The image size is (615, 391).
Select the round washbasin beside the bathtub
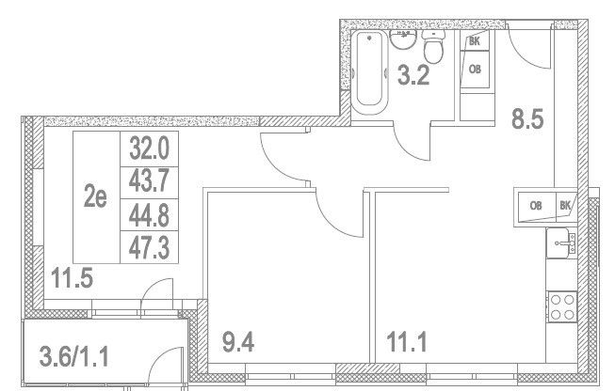402,39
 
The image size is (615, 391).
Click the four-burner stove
561,306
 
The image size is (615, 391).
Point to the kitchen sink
561,243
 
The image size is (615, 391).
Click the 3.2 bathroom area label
413,75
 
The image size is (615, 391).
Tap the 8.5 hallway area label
527,119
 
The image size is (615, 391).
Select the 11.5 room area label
73,278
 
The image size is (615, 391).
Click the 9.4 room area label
238,341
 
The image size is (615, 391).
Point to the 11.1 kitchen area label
407,341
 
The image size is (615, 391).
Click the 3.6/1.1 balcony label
73,356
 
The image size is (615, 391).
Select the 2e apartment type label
95,197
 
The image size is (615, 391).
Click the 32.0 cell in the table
149,149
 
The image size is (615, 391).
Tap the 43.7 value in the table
149,182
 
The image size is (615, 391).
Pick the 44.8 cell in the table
149,215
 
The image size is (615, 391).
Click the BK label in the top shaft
474,41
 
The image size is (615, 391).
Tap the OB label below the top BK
475,70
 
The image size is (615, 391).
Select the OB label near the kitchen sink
536,205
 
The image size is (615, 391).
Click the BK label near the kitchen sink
565,205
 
